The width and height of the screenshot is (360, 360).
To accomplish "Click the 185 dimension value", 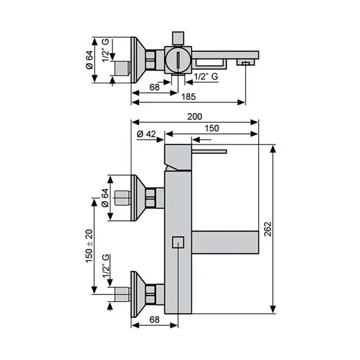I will point(188,97).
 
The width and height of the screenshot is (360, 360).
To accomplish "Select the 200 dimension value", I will point(195,116).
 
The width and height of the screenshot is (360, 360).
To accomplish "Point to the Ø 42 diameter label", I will point(147,134).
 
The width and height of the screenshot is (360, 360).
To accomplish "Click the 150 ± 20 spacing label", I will point(89,245).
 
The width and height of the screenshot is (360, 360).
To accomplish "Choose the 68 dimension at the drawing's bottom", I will point(154,320).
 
